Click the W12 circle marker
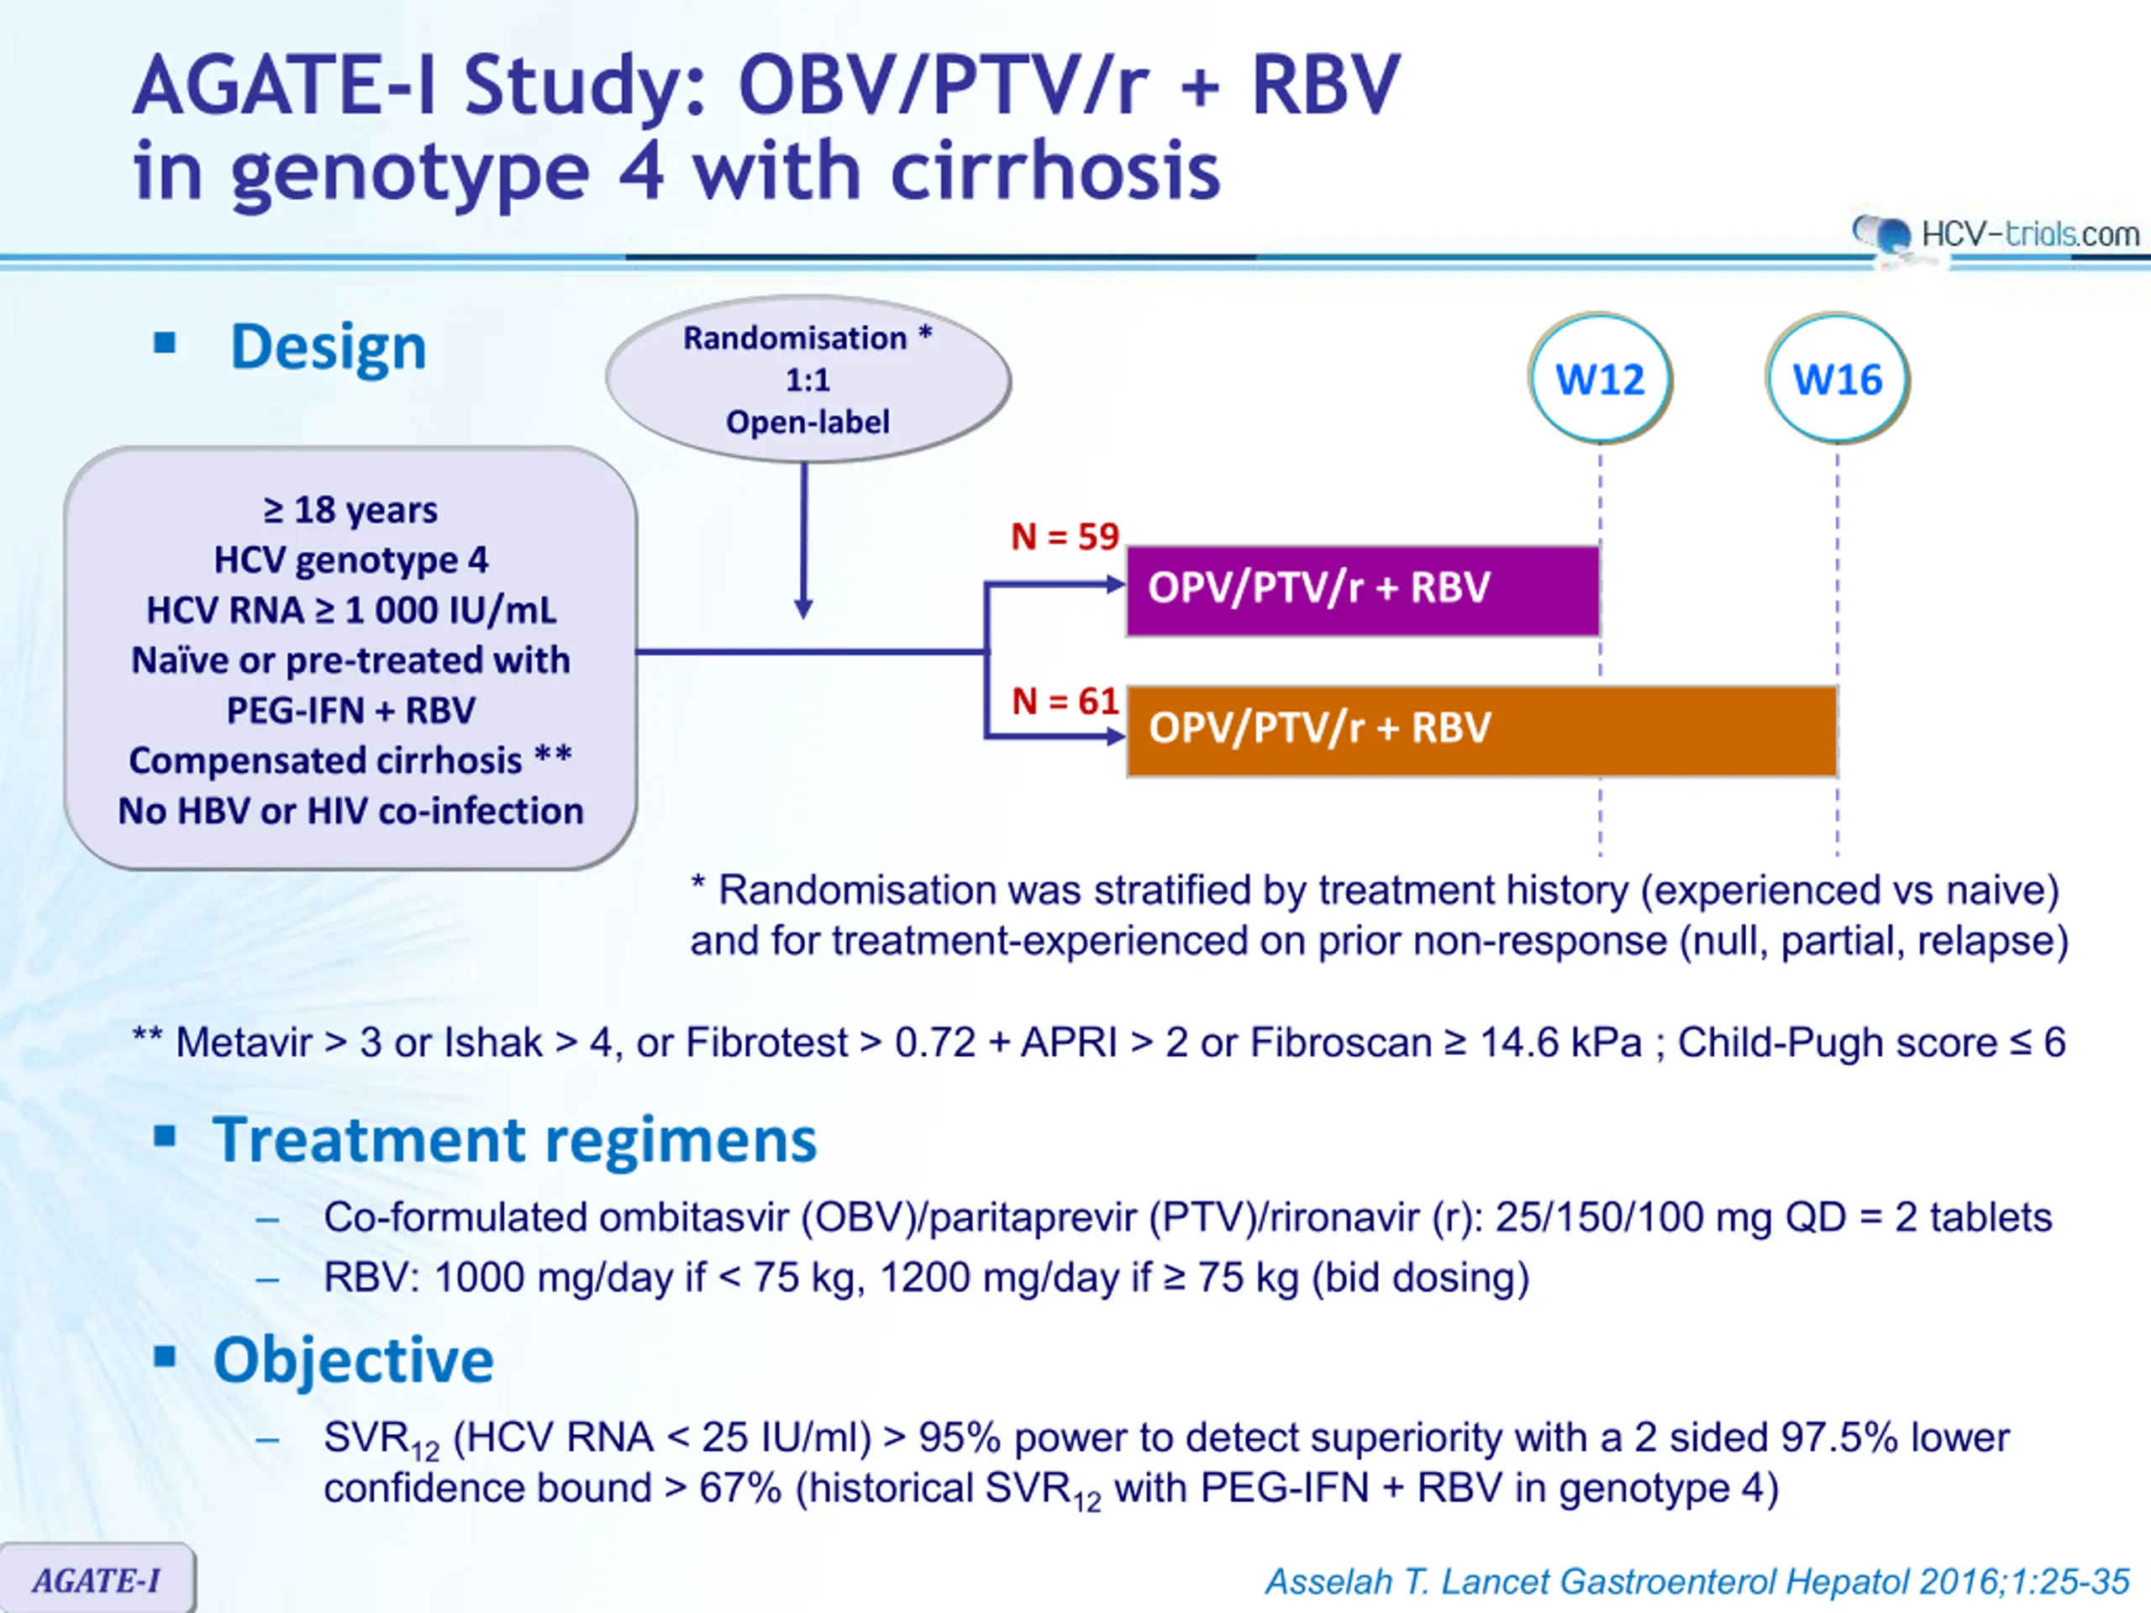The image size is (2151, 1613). pos(1600,378)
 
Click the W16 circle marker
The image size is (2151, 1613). pos(1837,378)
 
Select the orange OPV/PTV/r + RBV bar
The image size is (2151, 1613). pos(1482,731)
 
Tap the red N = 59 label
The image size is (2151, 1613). pos(1065,537)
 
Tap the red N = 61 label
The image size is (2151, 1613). pos(1065,701)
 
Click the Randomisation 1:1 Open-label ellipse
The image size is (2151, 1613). pos(808,379)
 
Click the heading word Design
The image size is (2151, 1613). pos(329,347)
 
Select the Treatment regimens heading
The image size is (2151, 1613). pos(514,1139)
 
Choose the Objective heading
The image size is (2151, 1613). pos(354,1360)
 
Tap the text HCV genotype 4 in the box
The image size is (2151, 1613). pos(351,560)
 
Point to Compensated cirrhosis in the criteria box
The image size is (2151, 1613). pos(326,761)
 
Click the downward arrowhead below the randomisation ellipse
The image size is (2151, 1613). pos(803,608)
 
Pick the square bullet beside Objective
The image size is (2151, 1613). pos(166,1355)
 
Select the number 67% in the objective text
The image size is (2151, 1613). pos(740,1489)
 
